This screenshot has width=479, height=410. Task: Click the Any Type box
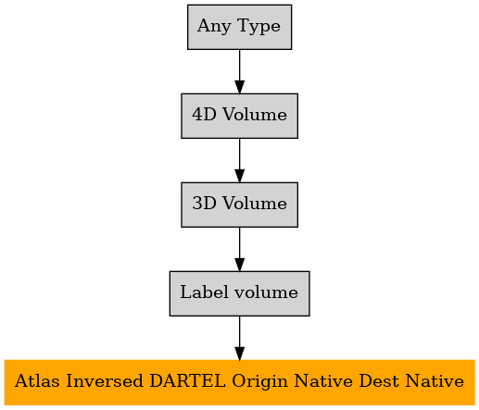pyautogui.click(x=239, y=27)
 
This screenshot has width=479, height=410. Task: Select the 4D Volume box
pyautogui.click(x=239, y=116)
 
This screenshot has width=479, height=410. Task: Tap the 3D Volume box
pyautogui.click(x=239, y=205)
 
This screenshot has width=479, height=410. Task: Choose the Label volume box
pyautogui.click(x=239, y=293)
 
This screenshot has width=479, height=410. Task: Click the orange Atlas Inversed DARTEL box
pyautogui.click(x=239, y=382)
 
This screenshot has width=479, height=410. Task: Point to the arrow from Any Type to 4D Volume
pyautogui.click(x=239, y=71)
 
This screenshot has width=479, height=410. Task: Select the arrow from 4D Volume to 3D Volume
pyautogui.click(x=239, y=160)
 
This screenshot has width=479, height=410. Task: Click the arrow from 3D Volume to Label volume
pyautogui.click(x=239, y=249)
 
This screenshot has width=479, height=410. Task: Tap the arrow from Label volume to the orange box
pyautogui.click(x=239, y=338)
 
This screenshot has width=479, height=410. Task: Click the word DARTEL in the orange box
pyautogui.click(x=187, y=380)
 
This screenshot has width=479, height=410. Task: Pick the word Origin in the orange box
pyautogui.click(x=260, y=382)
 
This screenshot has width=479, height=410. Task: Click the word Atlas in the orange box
pyautogui.click(x=37, y=380)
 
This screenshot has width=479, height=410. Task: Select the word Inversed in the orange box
pyautogui.click(x=105, y=380)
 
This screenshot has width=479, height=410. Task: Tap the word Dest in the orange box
pyautogui.click(x=379, y=380)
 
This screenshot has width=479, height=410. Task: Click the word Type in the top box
pyautogui.click(x=258, y=27)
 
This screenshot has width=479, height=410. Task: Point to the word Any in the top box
pyautogui.click(x=214, y=27)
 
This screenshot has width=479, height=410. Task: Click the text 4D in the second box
pyautogui.click(x=204, y=115)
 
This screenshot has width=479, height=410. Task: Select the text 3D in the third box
pyautogui.click(x=204, y=204)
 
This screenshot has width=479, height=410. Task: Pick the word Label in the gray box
pyautogui.click(x=205, y=292)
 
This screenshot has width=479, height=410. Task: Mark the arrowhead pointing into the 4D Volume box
pyautogui.click(x=239, y=87)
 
